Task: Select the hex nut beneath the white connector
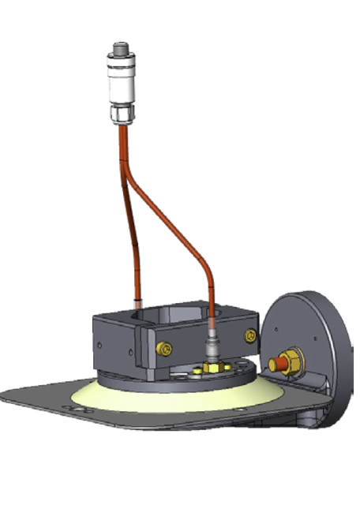(x=120, y=115)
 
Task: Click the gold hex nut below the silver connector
(x=212, y=366)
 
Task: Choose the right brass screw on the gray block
(x=250, y=336)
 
